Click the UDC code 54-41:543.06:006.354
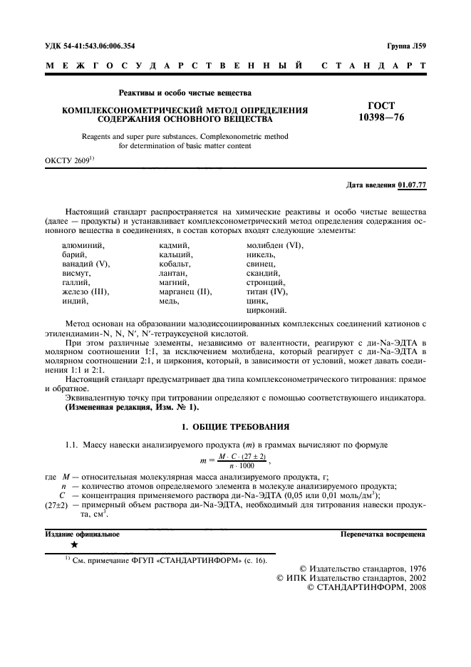point(90,46)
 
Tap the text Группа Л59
point(406,46)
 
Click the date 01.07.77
point(412,185)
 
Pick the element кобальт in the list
point(174,264)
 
